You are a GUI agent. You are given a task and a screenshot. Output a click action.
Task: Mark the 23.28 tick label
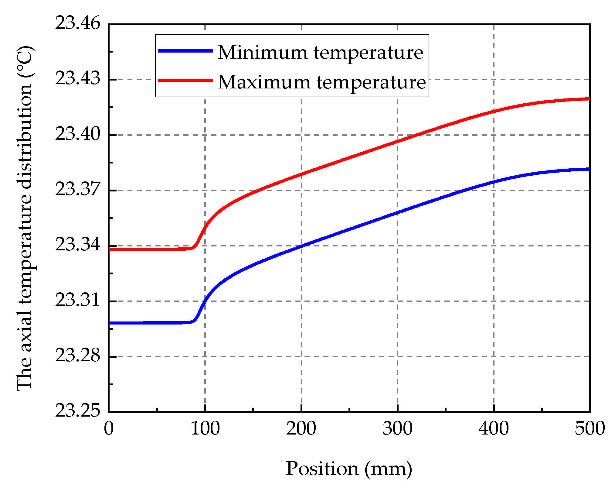(77, 356)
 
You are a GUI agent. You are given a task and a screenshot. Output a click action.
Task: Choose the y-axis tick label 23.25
(77, 411)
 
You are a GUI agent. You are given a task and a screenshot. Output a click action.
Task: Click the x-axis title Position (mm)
(349, 469)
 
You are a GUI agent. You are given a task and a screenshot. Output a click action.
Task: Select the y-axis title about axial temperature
(25, 218)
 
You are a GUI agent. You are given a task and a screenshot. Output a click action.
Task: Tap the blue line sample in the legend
(185, 51)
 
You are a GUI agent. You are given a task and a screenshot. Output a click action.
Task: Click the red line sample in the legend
(185, 81)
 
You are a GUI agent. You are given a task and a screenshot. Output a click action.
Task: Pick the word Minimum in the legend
(263, 52)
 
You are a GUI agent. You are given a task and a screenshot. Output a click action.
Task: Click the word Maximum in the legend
(264, 82)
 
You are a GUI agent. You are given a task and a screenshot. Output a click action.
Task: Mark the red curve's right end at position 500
(589, 99)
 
